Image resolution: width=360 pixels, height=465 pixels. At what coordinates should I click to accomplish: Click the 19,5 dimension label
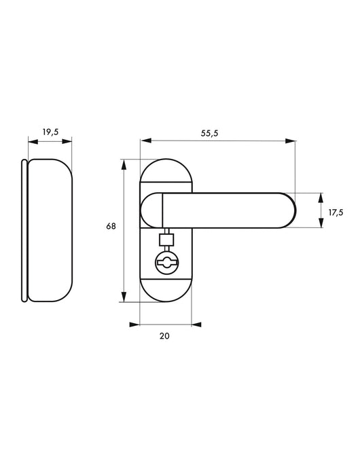pos(50,132)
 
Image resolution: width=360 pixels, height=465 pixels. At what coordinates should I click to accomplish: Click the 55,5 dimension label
pos(209,133)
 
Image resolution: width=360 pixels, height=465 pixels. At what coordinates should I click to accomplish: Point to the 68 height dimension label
pos(111,226)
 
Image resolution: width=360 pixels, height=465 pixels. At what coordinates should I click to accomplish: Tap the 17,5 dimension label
pos(336,212)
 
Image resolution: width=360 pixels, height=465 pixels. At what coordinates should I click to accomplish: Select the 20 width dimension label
pos(164,336)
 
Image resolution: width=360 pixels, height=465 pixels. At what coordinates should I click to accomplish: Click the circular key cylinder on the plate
pos(166,262)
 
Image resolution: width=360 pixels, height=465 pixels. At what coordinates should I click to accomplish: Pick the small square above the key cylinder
pos(166,240)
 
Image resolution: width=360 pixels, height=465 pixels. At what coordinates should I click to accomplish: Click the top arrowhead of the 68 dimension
pos(124,164)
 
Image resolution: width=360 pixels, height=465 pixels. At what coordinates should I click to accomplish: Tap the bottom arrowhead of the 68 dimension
pos(124,297)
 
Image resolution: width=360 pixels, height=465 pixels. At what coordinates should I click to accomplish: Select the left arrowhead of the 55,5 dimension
pos(146,141)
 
